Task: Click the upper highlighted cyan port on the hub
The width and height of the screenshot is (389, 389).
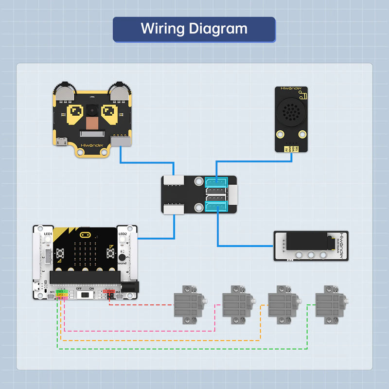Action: pos(214,182)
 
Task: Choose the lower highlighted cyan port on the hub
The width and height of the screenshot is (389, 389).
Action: pos(214,208)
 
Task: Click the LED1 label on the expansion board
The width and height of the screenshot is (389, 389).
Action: pos(48,234)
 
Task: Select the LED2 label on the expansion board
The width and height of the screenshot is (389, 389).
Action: pos(123,234)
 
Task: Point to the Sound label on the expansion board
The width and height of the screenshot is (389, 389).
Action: pos(122,263)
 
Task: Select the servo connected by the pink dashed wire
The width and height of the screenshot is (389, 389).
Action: pos(235,303)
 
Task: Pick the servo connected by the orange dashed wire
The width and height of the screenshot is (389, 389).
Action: pos(282,303)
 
